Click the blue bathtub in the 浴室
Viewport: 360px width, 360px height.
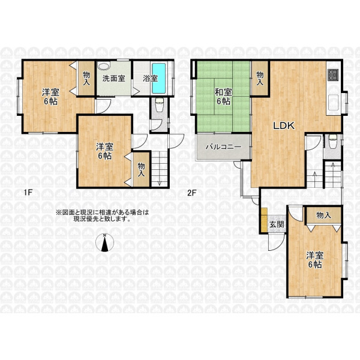coord(158,78)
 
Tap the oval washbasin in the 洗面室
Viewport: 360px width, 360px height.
coord(104,66)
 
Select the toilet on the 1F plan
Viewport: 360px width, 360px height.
coord(159,104)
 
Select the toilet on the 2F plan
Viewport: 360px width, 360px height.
coord(332,142)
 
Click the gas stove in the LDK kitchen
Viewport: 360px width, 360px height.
coord(334,75)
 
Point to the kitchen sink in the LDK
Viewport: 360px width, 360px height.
coord(334,103)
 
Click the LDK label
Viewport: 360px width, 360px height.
coord(284,125)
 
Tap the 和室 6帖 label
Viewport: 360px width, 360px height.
coord(223,97)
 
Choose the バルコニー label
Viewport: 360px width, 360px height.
coord(223,147)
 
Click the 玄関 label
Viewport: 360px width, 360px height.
coord(277,224)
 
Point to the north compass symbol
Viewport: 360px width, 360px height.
coord(104,242)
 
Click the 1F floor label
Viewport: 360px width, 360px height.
coord(28,193)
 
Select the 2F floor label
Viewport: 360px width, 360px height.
coord(192,193)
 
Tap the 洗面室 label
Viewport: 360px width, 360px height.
coord(114,79)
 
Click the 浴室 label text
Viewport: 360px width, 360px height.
coord(151,79)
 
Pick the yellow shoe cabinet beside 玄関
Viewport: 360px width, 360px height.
coord(264,220)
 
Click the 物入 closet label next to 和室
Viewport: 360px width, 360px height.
coord(260,78)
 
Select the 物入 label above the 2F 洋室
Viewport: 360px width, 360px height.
coord(324,215)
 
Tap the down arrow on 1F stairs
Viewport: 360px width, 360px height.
coord(160,182)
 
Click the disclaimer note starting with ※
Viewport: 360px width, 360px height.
coord(103,215)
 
